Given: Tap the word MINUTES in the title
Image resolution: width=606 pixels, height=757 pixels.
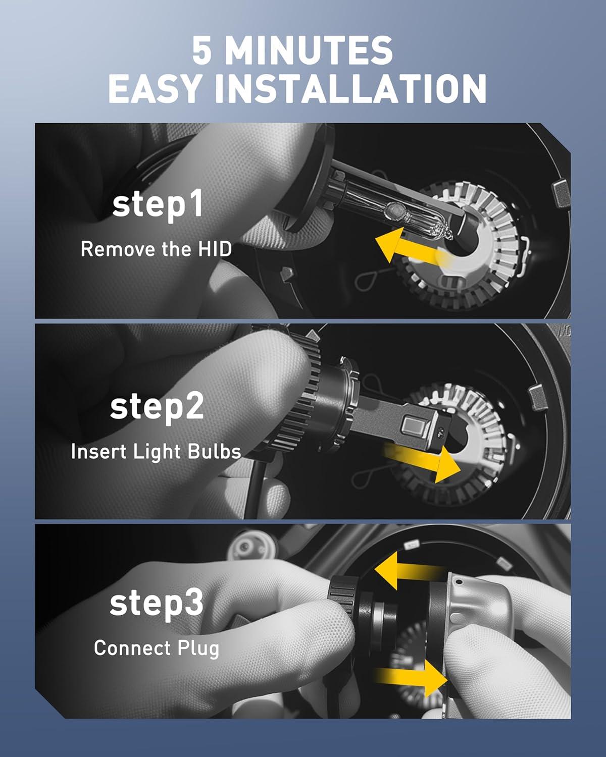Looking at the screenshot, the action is pyautogui.click(x=309, y=50).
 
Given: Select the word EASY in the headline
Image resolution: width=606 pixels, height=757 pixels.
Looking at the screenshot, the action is pyautogui.click(x=155, y=88).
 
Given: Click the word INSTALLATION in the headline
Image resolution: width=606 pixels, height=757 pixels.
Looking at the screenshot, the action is pyautogui.click(x=350, y=88).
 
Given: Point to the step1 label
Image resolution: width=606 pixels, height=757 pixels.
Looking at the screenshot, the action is pyautogui.click(x=158, y=205).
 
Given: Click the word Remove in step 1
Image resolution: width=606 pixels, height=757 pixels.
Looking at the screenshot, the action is pyautogui.click(x=118, y=249).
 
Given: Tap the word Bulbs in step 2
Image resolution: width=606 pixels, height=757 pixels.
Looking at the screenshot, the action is pyautogui.click(x=214, y=451).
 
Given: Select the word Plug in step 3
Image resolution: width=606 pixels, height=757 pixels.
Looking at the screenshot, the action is pyautogui.click(x=198, y=650).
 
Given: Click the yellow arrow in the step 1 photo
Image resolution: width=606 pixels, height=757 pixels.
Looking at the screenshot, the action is pyautogui.click(x=412, y=246).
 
